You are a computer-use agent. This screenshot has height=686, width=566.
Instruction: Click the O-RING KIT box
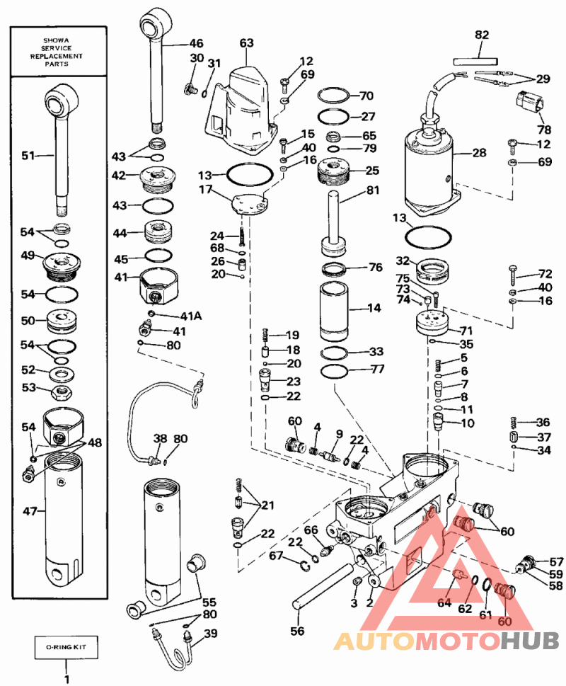pos(67,646)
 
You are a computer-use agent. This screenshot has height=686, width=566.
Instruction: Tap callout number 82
pos(481,35)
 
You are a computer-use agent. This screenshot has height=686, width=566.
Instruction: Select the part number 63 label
pos(246,43)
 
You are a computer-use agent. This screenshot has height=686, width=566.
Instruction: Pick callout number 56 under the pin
pos(298,630)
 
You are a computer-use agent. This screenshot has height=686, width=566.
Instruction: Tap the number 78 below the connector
pos(543,130)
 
